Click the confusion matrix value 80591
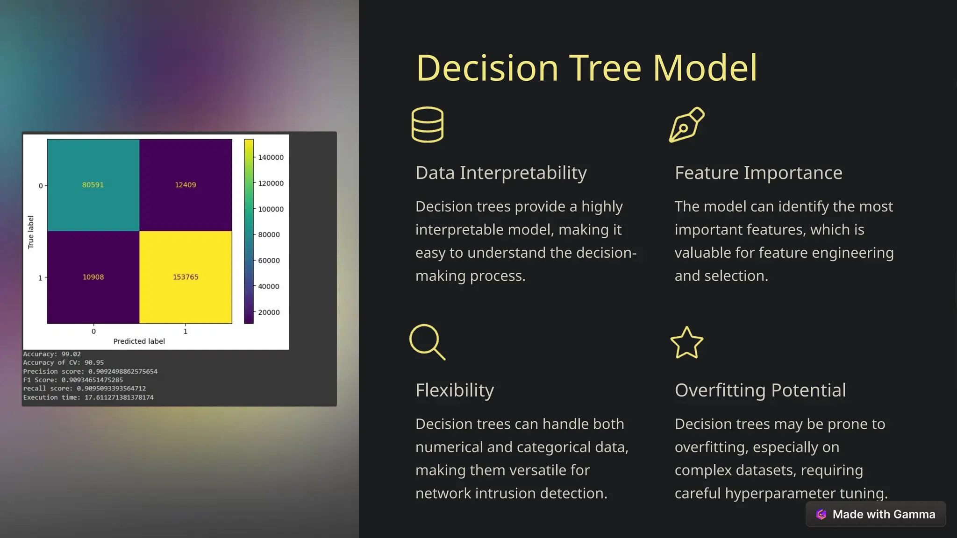click(93, 185)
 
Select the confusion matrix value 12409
click(186, 185)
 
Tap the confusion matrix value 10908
click(93, 277)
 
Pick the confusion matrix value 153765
click(186, 277)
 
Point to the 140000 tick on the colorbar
click(271, 157)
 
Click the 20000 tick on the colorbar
click(269, 312)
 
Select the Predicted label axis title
click(139, 341)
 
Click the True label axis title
click(31, 232)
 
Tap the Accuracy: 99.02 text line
click(52, 354)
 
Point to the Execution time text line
click(88, 397)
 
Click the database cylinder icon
click(427, 125)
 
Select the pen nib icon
click(686, 125)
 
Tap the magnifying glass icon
click(427, 342)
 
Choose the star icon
click(686, 343)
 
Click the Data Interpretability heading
click(501, 173)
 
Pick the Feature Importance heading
click(758, 173)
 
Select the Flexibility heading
click(454, 390)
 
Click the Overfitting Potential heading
click(760, 390)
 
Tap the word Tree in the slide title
click(605, 68)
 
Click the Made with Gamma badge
click(876, 514)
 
